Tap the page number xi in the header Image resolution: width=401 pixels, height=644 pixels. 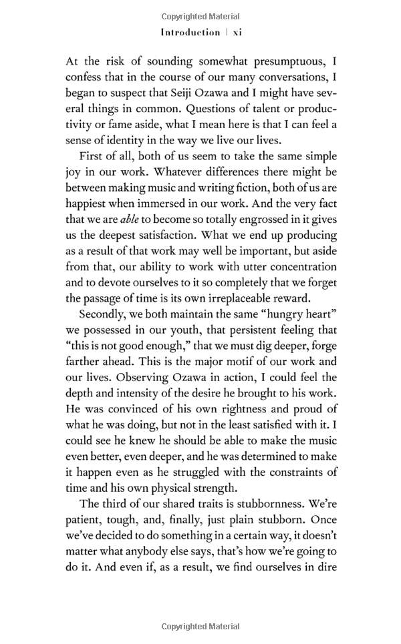tap(235, 32)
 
